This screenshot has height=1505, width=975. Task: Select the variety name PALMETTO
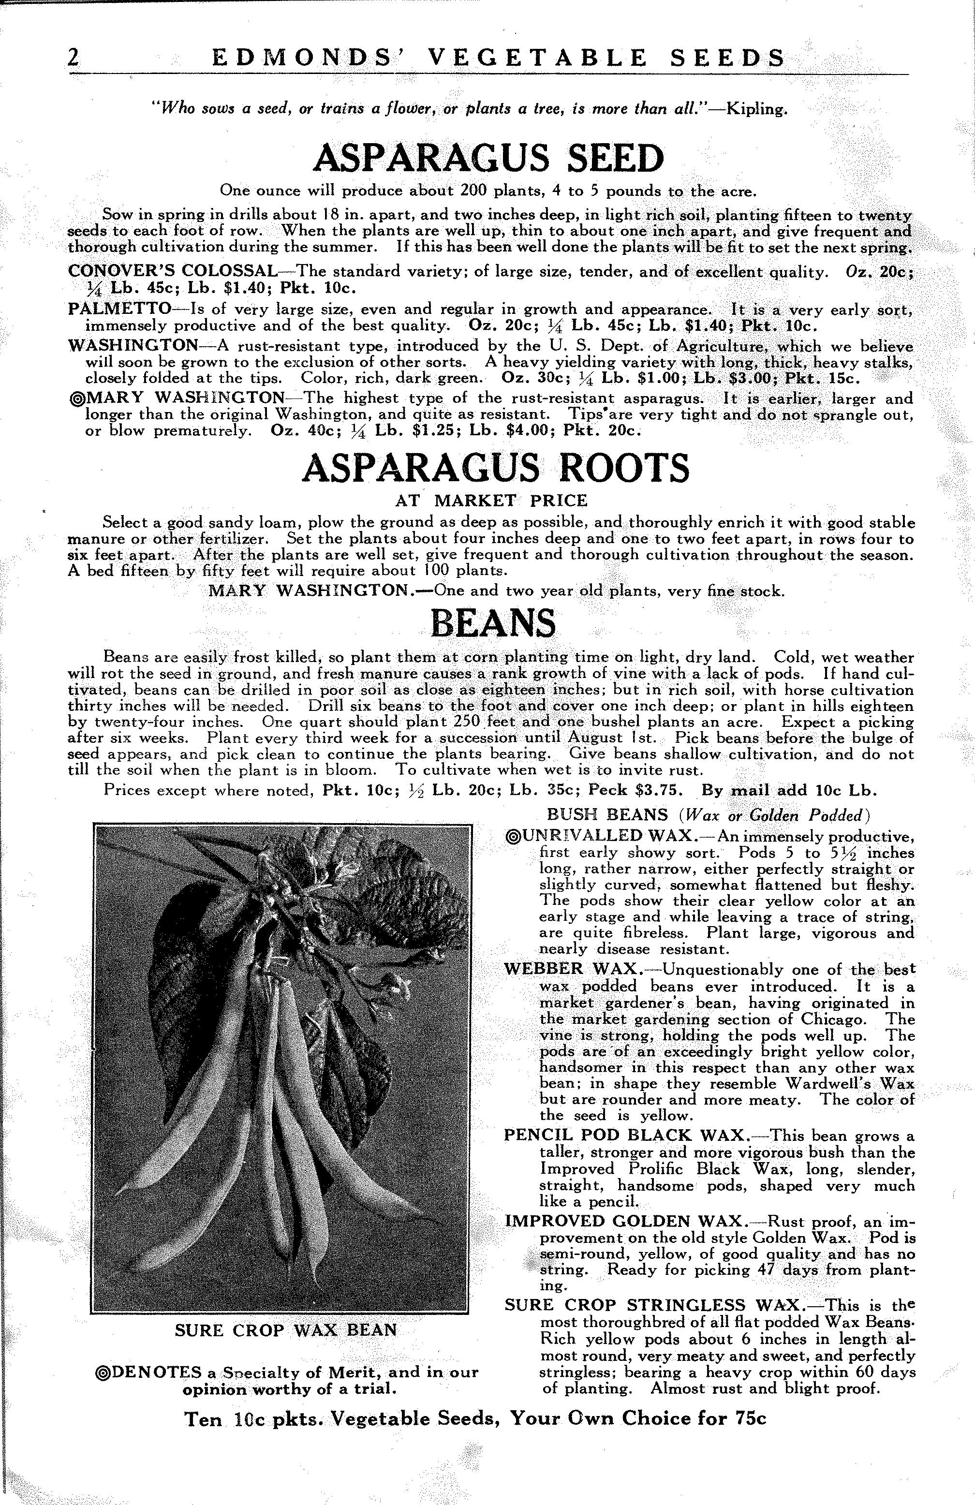click(x=119, y=309)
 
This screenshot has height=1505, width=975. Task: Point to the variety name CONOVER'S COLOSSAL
click(x=172, y=272)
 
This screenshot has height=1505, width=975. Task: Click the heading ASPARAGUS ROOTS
click(x=496, y=468)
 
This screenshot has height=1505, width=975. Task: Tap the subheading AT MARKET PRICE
click(x=491, y=501)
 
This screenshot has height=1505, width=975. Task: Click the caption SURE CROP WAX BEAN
click(x=286, y=1330)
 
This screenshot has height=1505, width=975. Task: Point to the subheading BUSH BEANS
click(x=607, y=814)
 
